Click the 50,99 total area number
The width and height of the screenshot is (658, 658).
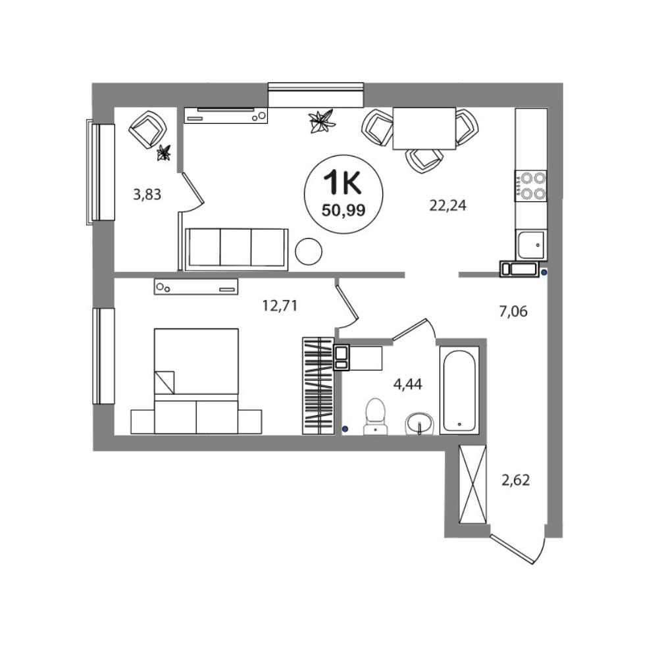tap(343, 209)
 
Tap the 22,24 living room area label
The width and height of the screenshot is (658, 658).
tap(447, 205)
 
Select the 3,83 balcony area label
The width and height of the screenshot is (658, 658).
tap(147, 194)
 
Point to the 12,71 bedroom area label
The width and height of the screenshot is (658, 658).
tap(280, 305)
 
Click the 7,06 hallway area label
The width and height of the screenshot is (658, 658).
tap(513, 311)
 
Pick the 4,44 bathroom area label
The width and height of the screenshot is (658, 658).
tap(407, 384)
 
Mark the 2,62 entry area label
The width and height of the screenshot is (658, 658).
tap(516, 480)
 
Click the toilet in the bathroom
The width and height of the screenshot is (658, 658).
tap(376, 417)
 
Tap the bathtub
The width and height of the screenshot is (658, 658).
tap(459, 390)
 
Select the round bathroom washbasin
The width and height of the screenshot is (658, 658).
tap(419, 424)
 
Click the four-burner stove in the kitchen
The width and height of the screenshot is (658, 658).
tap(531, 186)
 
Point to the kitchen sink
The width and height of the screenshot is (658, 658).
tap(531, 245)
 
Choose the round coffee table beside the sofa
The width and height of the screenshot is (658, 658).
tap(309, 251)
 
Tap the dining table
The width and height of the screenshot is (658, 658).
tap(424, 128)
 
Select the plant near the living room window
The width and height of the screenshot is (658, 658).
tap(322, 121)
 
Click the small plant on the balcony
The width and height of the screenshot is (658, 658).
tap(164, 153)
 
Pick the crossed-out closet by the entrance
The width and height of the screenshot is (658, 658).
tap(472, 484)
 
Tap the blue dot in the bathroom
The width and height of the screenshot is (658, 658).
tap(345, 428)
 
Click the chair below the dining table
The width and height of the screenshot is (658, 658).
tap(424, 161)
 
